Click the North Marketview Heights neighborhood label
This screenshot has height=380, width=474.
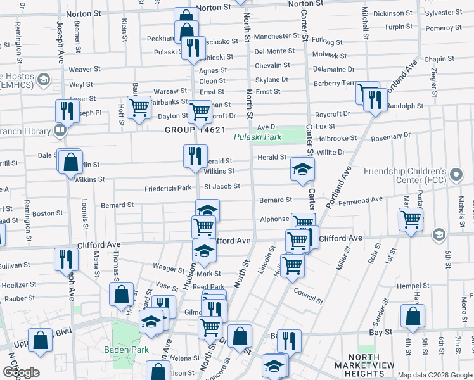[368, 365]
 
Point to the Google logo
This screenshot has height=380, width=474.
[21, 372]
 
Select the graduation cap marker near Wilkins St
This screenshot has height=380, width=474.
[303, 168]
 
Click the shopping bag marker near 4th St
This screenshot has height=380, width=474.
[413, 316]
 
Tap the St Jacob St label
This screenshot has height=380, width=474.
[222, 186]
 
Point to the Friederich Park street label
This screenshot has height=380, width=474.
[167, 188]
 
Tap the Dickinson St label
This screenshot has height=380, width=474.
[392, 13]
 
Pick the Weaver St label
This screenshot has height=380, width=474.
[85, 69]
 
